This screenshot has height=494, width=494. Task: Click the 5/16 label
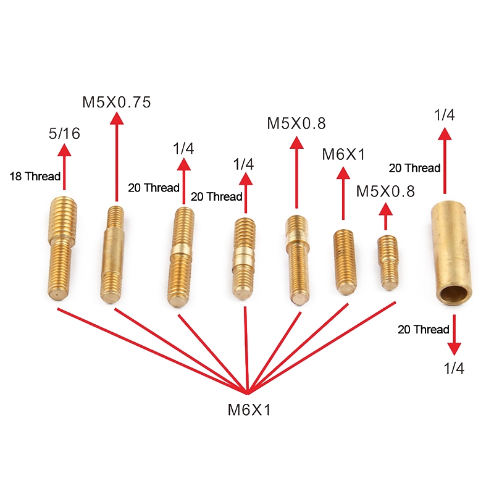[64, 133]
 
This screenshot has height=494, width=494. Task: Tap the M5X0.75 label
[117, 103]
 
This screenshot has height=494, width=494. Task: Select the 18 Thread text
[35, 177]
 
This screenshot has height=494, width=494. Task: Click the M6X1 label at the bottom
[249, 410]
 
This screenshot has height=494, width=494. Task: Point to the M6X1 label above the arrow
[343, 155]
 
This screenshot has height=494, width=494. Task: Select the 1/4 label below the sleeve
[454, 368]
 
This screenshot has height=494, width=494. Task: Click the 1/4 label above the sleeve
[445, 115]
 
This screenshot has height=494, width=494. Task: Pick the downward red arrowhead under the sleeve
[454, 349]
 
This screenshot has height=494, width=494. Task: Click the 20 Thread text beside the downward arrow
[424, 330]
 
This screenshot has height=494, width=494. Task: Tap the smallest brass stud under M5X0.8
[388, 263]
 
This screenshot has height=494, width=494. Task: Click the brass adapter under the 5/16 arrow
[62, 248]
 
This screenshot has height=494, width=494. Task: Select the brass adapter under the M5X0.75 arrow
[112, 254]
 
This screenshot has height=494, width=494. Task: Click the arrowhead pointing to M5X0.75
[117, 119]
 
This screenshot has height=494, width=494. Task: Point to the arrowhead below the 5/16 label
[64, 150]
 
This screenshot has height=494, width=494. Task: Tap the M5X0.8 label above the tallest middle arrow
[296, 124]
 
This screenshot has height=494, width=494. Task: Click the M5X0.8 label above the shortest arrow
[385, 191]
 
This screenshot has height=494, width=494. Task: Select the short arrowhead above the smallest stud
[385, 209]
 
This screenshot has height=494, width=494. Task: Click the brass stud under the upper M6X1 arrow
[345, 262]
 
